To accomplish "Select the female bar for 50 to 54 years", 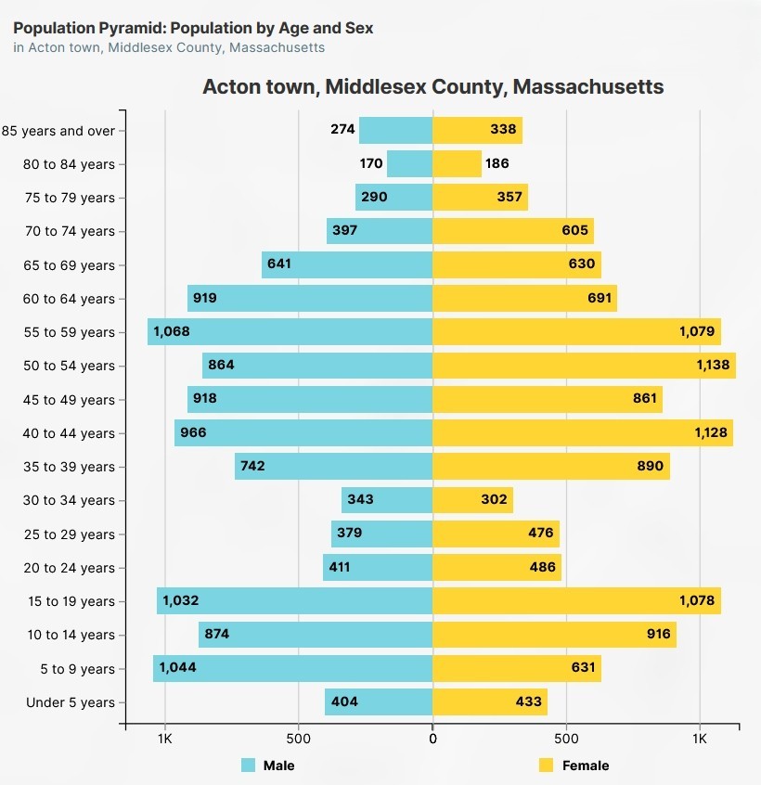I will point(584,366).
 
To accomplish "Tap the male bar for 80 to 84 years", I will point(409,164).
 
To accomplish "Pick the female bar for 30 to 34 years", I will point(472,500).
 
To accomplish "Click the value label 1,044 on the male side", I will point(177,668).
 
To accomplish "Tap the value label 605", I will point(575,231).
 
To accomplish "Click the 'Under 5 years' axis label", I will point(71,702).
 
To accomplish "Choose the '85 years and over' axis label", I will point(58,131).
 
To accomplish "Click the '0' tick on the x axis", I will point(432,740).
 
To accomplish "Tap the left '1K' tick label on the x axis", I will point(165,740).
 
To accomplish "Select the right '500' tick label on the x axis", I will point(566,740).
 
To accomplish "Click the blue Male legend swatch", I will point(248,766).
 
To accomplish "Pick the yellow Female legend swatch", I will point(546,766).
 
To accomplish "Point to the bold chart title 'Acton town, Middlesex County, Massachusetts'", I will point(432,87).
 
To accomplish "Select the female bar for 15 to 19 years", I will point(576,601).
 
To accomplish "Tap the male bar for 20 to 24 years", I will point(378,568).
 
